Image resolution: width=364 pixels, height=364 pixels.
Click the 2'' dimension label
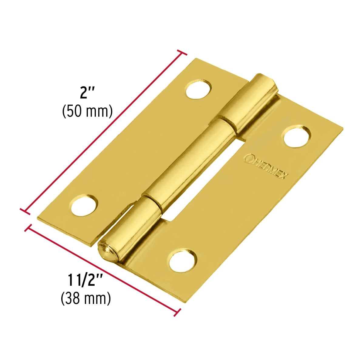click(87, 93)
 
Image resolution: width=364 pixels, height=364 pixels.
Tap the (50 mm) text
click(87, 111)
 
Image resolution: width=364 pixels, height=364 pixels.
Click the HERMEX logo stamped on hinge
click(266, 166)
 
